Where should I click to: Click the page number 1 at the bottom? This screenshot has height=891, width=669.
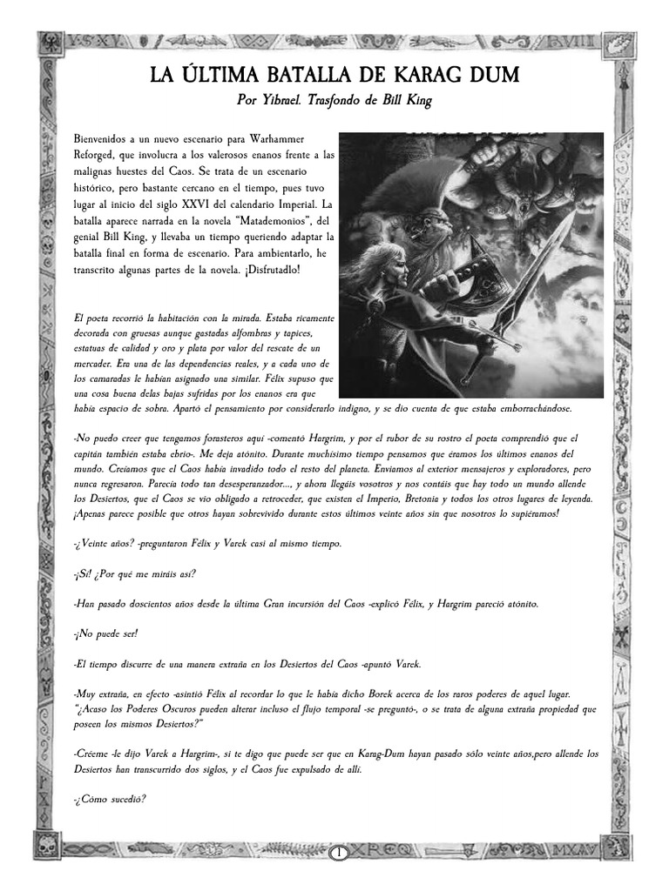click(x=335, y=854)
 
